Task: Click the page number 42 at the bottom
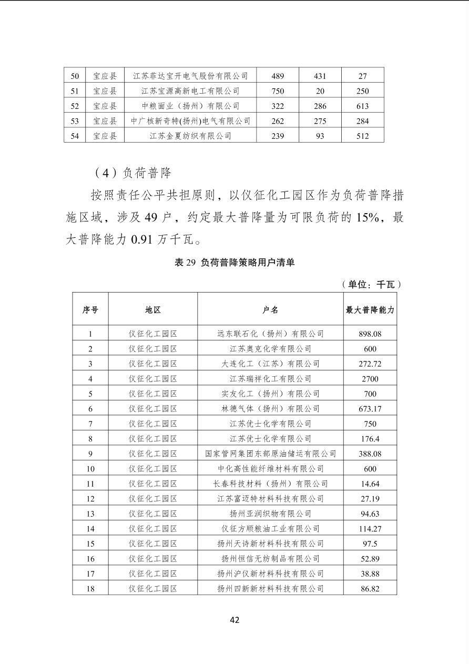coord(234,620)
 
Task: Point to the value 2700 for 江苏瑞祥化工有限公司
coord(370,379)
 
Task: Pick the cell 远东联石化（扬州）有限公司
coord(270,334)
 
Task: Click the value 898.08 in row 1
coord(370,334)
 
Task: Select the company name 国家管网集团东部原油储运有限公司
coord(270,454)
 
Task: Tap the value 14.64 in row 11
coord(370,484)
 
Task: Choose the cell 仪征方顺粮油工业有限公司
coord(270,529)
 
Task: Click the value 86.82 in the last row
coord(370,589)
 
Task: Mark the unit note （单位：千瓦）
coord(371,285)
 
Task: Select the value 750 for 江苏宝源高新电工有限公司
coord(278,91)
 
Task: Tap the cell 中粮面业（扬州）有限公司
coord(190,106)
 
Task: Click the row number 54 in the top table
coord(75,136)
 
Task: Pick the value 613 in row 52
coord(363,106)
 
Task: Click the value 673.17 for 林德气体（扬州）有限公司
coord(370,409)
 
